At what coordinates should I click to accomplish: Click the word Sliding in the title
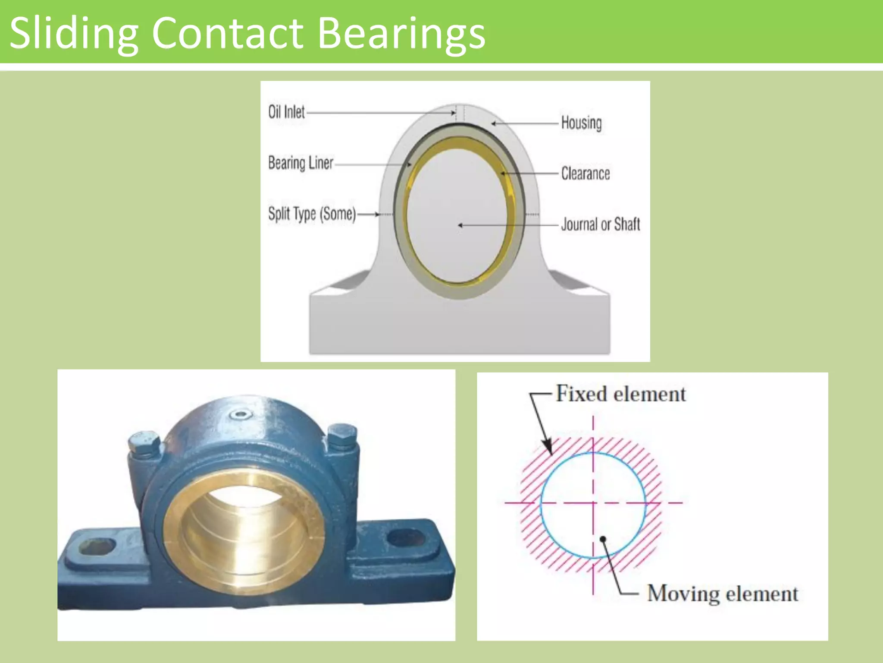[x=73, y=34]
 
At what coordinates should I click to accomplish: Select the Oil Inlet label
[x=286, y=112]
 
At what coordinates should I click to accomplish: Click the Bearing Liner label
[x=301, y=163]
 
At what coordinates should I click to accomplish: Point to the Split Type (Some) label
[x=312, y=214]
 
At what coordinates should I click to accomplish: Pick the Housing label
[x=581, y=123]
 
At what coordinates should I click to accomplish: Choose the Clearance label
[x=585, y=174]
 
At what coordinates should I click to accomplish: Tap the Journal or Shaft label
[x=600, y=224]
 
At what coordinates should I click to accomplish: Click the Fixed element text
[x=620, y=394]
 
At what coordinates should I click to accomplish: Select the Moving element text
[x=723, y=594]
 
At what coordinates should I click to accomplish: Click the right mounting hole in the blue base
[x=406, y=537]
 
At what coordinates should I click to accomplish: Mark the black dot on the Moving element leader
[x=603, y=539]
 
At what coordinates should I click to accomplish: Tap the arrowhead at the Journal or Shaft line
[x=460, y=225]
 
